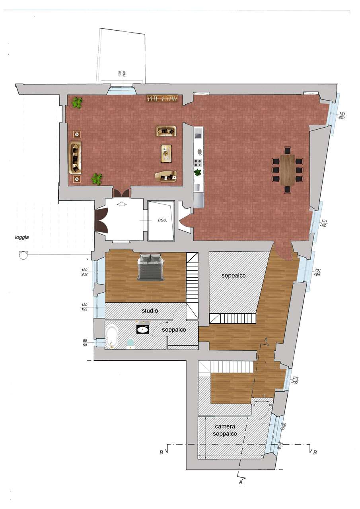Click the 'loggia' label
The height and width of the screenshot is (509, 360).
(22, 237)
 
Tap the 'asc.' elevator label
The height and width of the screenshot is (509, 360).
(163, 220)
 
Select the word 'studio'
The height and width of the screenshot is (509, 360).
(150, 311)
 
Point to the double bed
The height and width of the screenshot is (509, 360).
(150, 267)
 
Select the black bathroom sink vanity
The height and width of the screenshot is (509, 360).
(142, 329)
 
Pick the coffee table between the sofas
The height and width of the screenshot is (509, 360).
(167, 153)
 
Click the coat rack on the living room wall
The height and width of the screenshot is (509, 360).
(162, 98)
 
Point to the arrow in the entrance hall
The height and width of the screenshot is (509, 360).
(122, 204)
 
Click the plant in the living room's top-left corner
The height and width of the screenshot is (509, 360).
(77, 103)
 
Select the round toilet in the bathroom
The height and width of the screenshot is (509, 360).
(130, 344)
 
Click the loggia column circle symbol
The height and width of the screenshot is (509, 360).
(23, 255)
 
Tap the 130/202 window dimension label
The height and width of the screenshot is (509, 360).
(84, 272)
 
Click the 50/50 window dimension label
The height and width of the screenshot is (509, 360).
(85, 343)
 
